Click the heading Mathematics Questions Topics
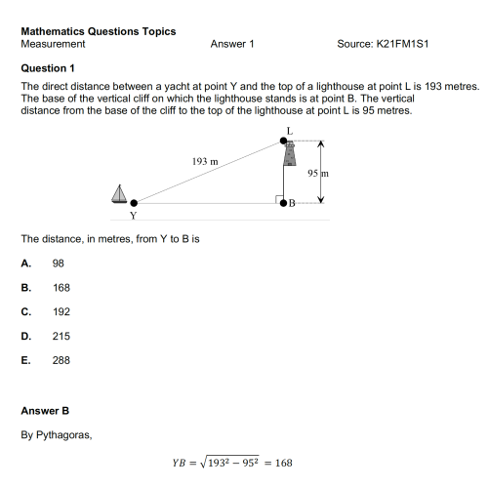98,31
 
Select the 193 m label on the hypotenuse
205,157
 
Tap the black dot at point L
284,142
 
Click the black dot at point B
284,204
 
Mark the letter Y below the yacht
133,215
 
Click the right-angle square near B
277,199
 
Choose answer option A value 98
59,263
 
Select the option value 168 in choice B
61,287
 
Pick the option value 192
61,311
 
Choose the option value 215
61,336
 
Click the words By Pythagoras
57,434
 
